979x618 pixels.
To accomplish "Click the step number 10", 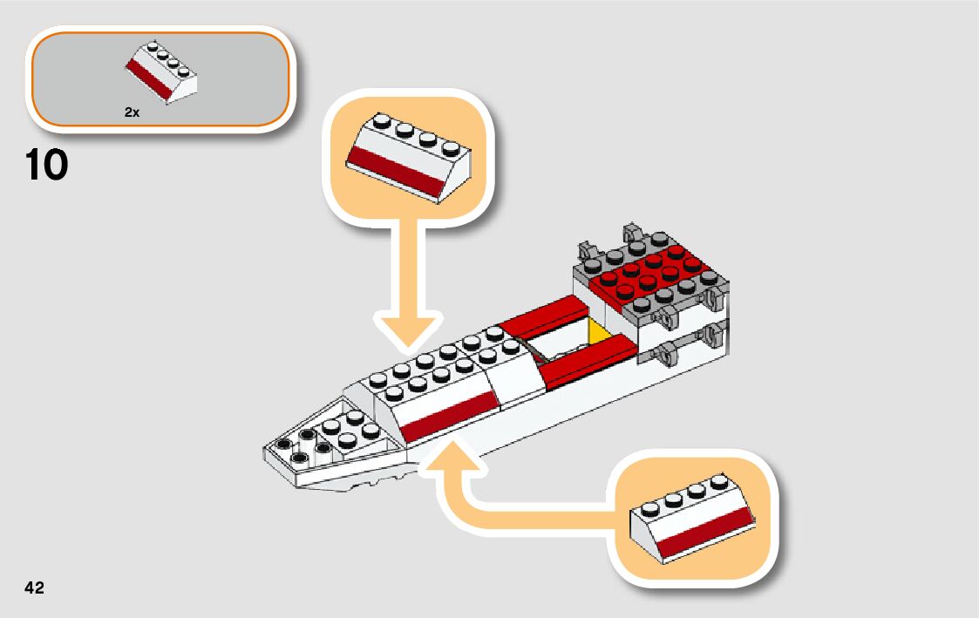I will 47,166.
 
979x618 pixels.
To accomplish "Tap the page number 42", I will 34,587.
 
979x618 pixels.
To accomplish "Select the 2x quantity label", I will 132,112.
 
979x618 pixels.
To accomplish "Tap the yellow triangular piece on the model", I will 599,333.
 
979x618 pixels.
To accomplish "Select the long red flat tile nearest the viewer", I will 586,358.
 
